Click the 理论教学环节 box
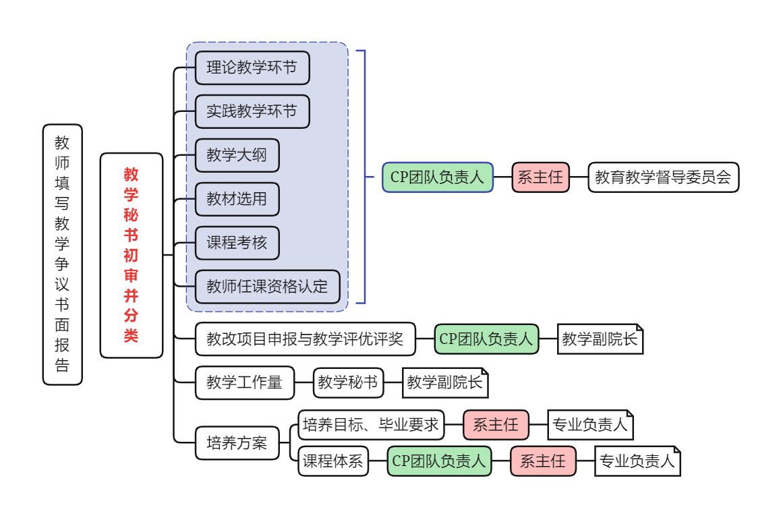click(252, 68)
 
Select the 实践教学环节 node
click(252, 111)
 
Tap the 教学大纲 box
click(237, 155)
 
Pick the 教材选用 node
click(237, 199)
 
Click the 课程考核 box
click(237, 243)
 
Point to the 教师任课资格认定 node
click(267, 287)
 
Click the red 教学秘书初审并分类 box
click(132, 255)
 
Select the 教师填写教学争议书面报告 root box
click(63, 254)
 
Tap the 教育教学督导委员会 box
click(663, 177)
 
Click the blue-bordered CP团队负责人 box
click(438, 177)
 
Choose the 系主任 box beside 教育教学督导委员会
click(540, 177)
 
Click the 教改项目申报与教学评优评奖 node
click(305, 339)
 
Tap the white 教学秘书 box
click(348, 383)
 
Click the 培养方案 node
click(237, 443)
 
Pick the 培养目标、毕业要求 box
click(371, 425)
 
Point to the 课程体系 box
click(333, 461)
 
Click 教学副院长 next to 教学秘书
click(444, 383)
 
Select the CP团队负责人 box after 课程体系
click(439, 461)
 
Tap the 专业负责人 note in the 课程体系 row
click(637, 461)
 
